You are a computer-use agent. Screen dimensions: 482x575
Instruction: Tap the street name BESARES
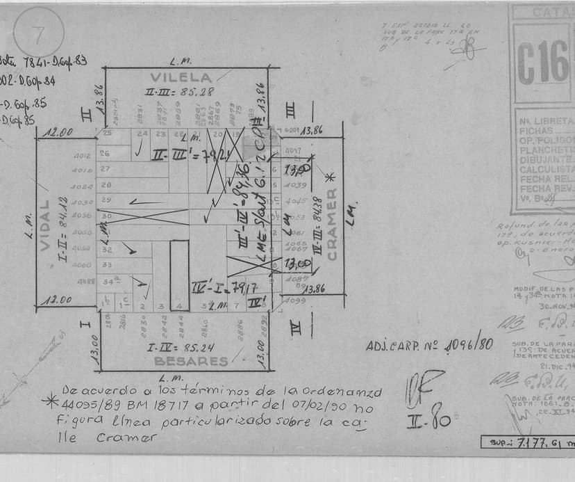point(191,361)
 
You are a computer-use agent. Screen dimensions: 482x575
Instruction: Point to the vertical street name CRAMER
point(332,224)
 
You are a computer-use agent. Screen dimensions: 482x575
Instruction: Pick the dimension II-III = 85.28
point(180,91)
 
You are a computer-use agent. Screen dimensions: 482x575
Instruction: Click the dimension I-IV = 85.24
point(180,347)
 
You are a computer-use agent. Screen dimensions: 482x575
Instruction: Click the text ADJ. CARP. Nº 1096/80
point(429,344)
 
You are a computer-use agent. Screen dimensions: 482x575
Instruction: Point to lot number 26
point(106,153)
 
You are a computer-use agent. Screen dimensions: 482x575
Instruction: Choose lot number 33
point(107,264)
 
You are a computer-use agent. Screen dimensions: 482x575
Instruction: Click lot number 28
point(106,185)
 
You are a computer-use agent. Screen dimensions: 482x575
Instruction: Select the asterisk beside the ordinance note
point(50,402)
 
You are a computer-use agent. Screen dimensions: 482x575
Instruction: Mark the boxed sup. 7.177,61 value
point(528,441)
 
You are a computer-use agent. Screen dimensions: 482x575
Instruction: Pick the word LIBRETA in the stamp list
point(554,120)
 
